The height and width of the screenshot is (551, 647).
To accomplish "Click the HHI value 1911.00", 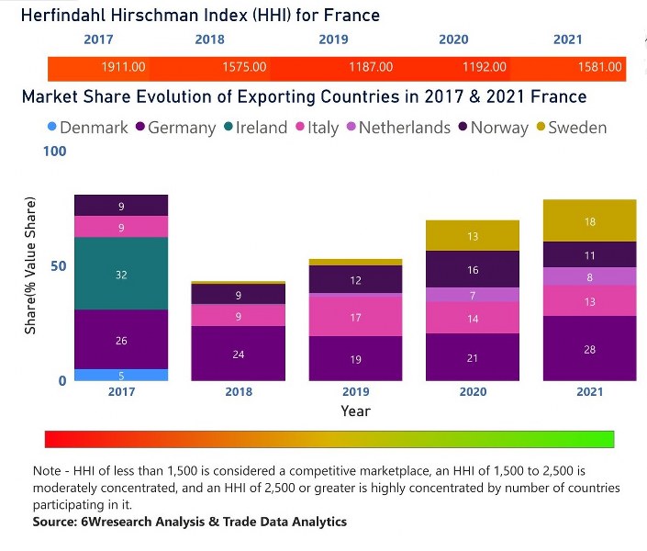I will [123, 67].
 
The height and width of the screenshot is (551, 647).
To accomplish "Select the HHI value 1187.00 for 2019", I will [371, 67].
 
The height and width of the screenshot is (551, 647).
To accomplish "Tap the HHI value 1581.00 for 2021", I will [600, 67].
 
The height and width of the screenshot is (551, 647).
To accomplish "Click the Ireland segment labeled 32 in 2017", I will [121, 274].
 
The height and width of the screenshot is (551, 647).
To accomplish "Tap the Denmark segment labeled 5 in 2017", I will [121, 375].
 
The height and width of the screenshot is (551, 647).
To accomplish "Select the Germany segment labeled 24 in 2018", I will [239, 354].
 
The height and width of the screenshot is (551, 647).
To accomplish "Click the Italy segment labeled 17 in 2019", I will [355, 316].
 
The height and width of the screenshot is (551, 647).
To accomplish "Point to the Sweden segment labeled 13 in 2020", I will [473, 236].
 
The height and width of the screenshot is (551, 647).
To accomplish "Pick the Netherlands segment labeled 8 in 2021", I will [590, 276].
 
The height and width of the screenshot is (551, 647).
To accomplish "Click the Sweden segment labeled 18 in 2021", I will [590, 221].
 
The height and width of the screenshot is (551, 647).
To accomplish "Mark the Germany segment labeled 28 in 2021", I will [590, 349].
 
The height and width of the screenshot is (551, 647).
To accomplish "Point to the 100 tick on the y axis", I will [54, 151].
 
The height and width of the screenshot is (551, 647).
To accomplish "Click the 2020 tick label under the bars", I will [473, 391].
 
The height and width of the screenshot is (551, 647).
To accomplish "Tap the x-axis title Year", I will [355, 410].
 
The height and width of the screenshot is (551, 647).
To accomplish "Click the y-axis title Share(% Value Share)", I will [30, 265].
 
